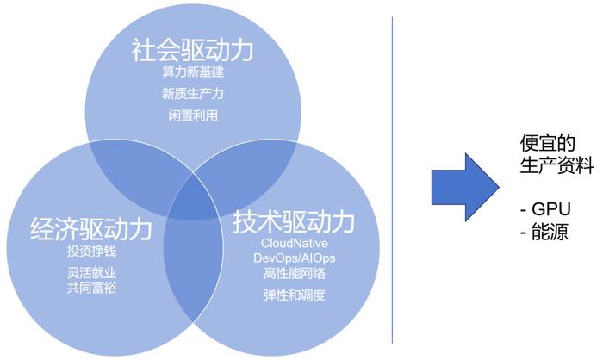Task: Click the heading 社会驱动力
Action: (192, 50)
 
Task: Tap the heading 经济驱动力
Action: (91, 229)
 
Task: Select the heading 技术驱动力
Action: (294, 222)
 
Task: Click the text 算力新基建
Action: (193, 72)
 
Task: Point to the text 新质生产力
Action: (193, 94)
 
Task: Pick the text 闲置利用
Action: (193, 115)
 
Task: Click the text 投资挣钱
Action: (91, 251)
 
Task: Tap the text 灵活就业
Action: (91, 273)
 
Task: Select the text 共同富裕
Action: (91, 288)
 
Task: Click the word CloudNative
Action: (295, 243)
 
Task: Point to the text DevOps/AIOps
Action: (295, 258)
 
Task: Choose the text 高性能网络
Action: (295, 273)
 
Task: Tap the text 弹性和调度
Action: (295, 295)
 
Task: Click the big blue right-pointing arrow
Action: (465, 187)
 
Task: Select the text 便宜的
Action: (548, 143)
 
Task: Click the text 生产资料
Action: (556, 165)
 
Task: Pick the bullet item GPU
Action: (545, 209)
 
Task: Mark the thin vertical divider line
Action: (392, 180)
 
